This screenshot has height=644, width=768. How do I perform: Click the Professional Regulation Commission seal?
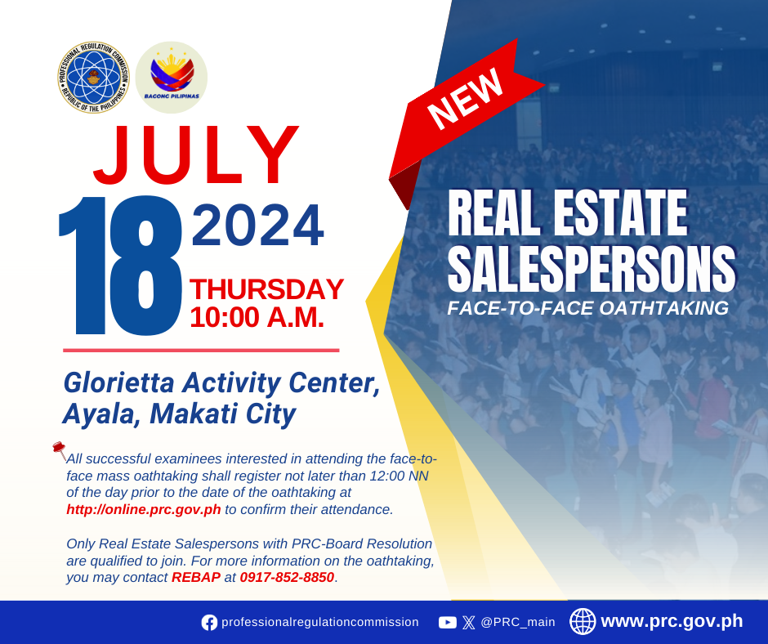tap(93, 77)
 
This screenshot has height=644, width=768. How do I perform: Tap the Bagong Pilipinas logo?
tap(172, 77)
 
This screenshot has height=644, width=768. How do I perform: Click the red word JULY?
tap(196, 155)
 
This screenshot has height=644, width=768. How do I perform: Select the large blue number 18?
tap(120, 266)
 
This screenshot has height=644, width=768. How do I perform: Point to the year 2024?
tap(257, 226)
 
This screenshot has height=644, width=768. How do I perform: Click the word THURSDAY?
tap(266, 289)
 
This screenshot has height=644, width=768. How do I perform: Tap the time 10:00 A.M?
tap(257, 318)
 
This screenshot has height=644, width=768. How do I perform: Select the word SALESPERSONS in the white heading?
tap(592, 269)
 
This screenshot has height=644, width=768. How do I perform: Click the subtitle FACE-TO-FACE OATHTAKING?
tap(587, 308)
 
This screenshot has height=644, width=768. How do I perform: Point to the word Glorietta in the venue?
tap(119, 382)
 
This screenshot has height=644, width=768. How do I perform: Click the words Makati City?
tap(223, 414)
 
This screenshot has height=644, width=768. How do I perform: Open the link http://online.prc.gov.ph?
tap(144, 510)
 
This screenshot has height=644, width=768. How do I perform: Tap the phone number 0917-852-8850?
tap(287, 577)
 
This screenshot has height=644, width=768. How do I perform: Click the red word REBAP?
tap(196, 577)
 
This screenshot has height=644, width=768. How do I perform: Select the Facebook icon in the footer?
tap(209, 623)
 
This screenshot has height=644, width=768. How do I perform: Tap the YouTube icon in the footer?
tap(447, 623)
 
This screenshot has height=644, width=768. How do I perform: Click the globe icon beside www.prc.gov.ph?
tap(583, 621)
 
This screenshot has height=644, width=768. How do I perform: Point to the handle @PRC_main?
tap(518, 623)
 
